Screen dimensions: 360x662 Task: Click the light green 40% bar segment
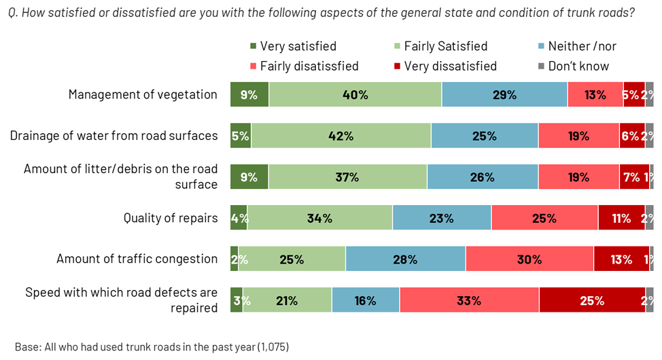pyautogui.click(x=355, y=94)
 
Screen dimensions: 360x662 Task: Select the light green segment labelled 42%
pyautogui.click(x=341, y=136)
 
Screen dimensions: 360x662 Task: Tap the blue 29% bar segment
pyautogui.click(x=504, y=94)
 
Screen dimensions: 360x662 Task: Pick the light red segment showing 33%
pyautogui.click(x=469, y=300)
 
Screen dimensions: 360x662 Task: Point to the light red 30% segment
pyautogui.click(x=529, y=259)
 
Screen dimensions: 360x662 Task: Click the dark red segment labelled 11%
pyautogui.click(x=621, y=218)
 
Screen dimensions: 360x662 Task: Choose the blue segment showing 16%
pyautogui.click(x=365, y=300)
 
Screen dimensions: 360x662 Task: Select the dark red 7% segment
pyautogui.click(x=633, y=177)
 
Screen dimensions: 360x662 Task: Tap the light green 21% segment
pyautogui.click(x=287, y=300)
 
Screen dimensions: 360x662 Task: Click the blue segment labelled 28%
pyautogui.click(x=405, y=259)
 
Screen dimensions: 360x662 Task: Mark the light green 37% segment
pyautogui.click(x=347, y=177)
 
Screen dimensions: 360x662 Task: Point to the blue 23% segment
pyautogui.click(x=442, y=218)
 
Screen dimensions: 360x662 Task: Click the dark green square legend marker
pyautogui.click(x=254, y=46)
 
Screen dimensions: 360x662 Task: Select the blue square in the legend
pyautogui.click(x=541, y=46)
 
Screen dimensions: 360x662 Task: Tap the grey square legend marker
pyautogui.click(x=541, y=66)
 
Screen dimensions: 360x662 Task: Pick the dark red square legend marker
pyautogui.click(x=398, y=66)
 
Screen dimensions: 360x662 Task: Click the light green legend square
pyautogui.click(x=398, y=46)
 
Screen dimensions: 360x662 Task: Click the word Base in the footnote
pyautogui.click(x=27, y=346)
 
